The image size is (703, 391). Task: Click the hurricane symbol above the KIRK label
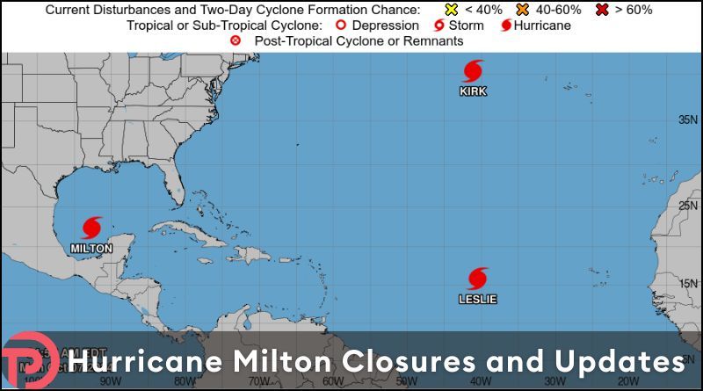pos(473,71)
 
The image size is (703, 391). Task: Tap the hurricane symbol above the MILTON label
pos(91,228)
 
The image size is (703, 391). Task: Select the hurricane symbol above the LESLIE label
pos(477,279)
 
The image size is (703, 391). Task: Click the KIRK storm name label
pos(473,91)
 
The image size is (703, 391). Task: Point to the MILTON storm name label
pos(91,249)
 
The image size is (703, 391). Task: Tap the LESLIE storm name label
pos(477,300)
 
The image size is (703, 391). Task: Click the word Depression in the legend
pos(384,25)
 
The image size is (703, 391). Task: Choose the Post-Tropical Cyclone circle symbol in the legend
pos(235,41)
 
